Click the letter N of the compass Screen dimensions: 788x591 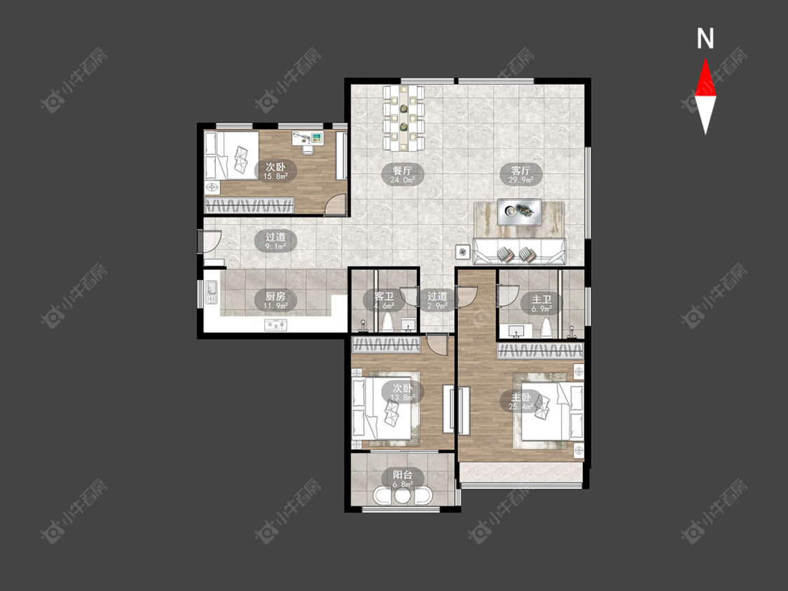point(705,39)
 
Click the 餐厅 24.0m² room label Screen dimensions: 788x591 point(402,174)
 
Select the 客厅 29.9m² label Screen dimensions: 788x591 point(520,174)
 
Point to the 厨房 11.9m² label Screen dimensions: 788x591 point(275,300)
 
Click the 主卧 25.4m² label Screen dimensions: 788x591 point(521,401)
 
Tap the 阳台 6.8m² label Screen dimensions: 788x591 point(402,479)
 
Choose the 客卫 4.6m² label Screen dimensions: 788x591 point(383,300)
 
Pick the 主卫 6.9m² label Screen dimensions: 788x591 point(541,303)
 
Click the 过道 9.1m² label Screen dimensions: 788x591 point(275,241)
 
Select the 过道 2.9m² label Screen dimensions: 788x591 point(436,300)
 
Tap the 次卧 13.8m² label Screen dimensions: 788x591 point(402,392)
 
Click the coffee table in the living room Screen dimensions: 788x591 point(519,211)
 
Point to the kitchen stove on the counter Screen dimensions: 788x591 point(276,326)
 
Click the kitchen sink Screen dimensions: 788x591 point(212,293)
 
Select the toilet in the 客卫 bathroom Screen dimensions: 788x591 point(388,323)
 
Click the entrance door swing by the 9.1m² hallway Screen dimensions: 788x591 point(211,241)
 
